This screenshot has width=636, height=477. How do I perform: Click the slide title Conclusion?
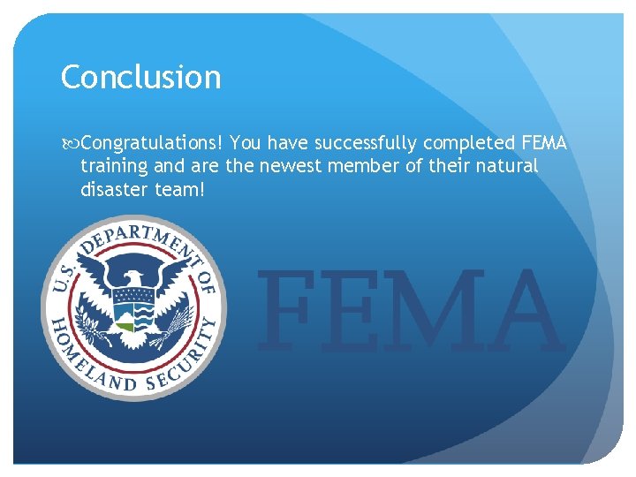coord(140,78)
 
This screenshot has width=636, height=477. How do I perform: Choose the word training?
coord(115,166)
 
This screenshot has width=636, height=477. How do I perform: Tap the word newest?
coord(291,165)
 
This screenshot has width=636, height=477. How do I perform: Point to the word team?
coord(182,188)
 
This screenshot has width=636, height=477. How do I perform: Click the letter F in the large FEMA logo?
coord(285,309)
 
